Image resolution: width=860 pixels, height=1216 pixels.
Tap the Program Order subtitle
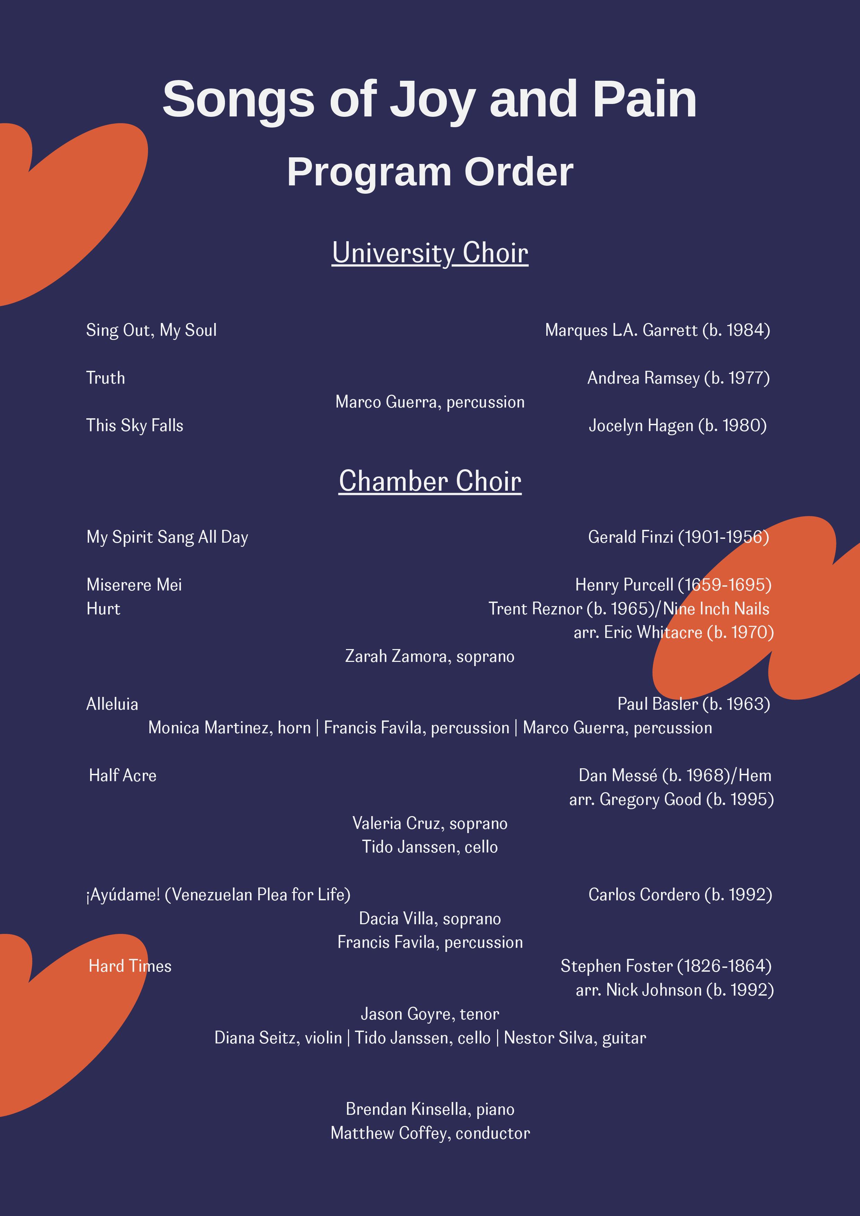[430, 172]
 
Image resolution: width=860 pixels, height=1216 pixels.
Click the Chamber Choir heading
[430, 481]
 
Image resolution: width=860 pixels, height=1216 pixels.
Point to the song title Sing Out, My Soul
[151, 330]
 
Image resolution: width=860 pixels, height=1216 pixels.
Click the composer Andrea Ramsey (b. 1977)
[678, 378]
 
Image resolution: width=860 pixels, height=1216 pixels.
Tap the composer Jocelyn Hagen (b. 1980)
[678, 425]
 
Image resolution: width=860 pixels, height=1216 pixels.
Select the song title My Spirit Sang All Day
[167, 537]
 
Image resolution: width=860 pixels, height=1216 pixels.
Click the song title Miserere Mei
[134, 585]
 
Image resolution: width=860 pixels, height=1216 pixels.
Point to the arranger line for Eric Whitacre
[674, 632]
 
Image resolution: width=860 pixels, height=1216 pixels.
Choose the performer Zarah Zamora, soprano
[430, 656]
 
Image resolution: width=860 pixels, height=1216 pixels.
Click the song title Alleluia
[112, 704]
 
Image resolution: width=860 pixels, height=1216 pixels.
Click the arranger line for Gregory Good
[671, 799]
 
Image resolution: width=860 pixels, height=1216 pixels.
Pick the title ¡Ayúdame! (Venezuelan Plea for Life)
[218, 894]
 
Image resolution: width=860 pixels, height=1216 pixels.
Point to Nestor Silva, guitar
[575, 1038]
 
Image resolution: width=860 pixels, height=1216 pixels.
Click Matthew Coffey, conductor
[430, 1133]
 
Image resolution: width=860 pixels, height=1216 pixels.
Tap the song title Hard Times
[130, 966]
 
